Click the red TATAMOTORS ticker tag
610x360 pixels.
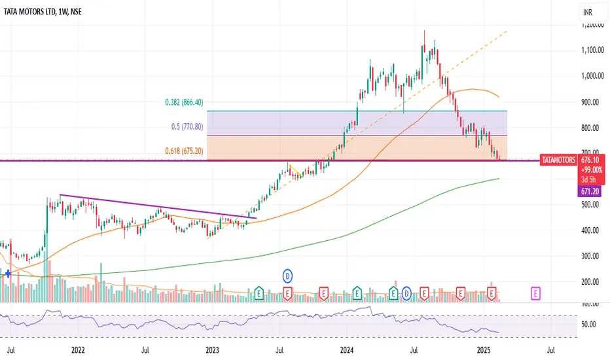(x=558, y=160)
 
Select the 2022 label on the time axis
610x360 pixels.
(x=79, y=350)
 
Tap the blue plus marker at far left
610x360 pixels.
(x=7, y=274)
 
